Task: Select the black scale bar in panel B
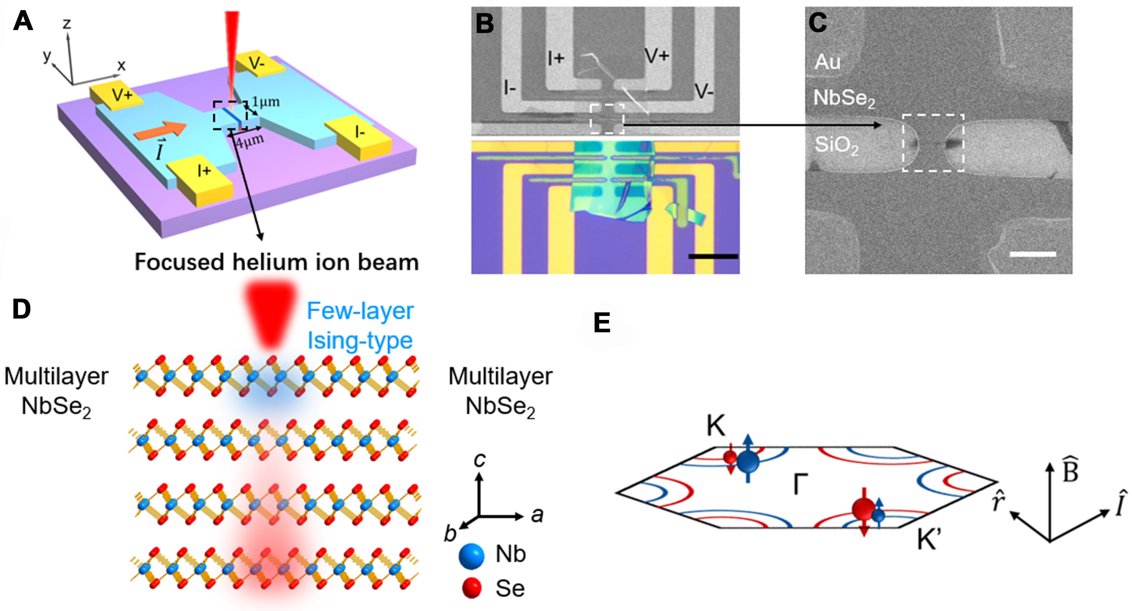[713, 256]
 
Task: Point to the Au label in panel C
[827, 62]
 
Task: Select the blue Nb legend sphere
[471, 555]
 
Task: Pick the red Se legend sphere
[471, 588]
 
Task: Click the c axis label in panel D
[480, 459]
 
